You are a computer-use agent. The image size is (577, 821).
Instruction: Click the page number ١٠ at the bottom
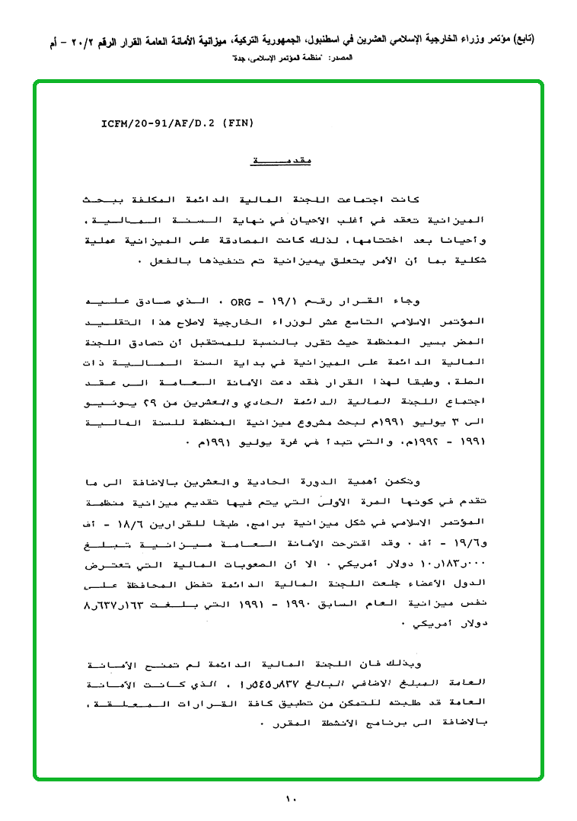pyautogui.click(x=290, y=799)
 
